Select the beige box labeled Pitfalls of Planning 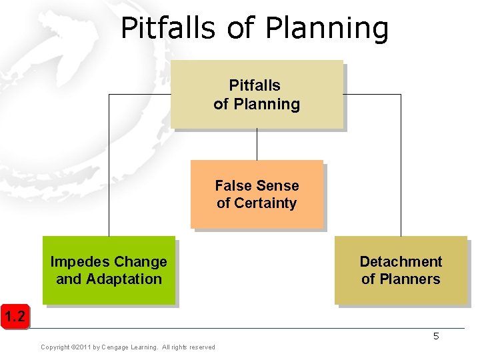pyautogui.click(x=257, y=94)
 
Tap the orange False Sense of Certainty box pyautogui.click(x=257, y=194)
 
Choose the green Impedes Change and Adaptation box pyautogui.click(x=109, y=270)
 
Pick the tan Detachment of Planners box pyautogui.click(x=401, y=270)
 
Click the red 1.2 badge pyautogui.click(x=15, y=317)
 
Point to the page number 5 pyautogui.click(x=436, y=337)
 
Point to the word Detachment pyautogui.click(x=401, y=261)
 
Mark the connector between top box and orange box pyautogui.click(x=257, y=144)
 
